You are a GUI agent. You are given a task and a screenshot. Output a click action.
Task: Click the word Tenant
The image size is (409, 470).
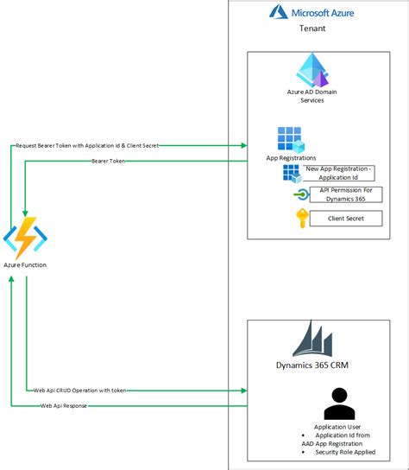311,29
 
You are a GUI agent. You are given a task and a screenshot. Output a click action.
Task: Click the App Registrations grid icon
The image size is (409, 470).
289,140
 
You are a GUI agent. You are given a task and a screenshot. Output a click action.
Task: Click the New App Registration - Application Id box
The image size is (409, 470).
339,173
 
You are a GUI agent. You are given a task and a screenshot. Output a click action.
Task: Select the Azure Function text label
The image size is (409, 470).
25,264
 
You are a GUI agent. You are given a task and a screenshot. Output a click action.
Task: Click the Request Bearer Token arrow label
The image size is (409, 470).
86,145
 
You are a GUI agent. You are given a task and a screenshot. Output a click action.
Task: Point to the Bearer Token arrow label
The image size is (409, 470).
109,161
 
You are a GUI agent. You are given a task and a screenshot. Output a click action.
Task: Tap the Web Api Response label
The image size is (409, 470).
66,404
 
